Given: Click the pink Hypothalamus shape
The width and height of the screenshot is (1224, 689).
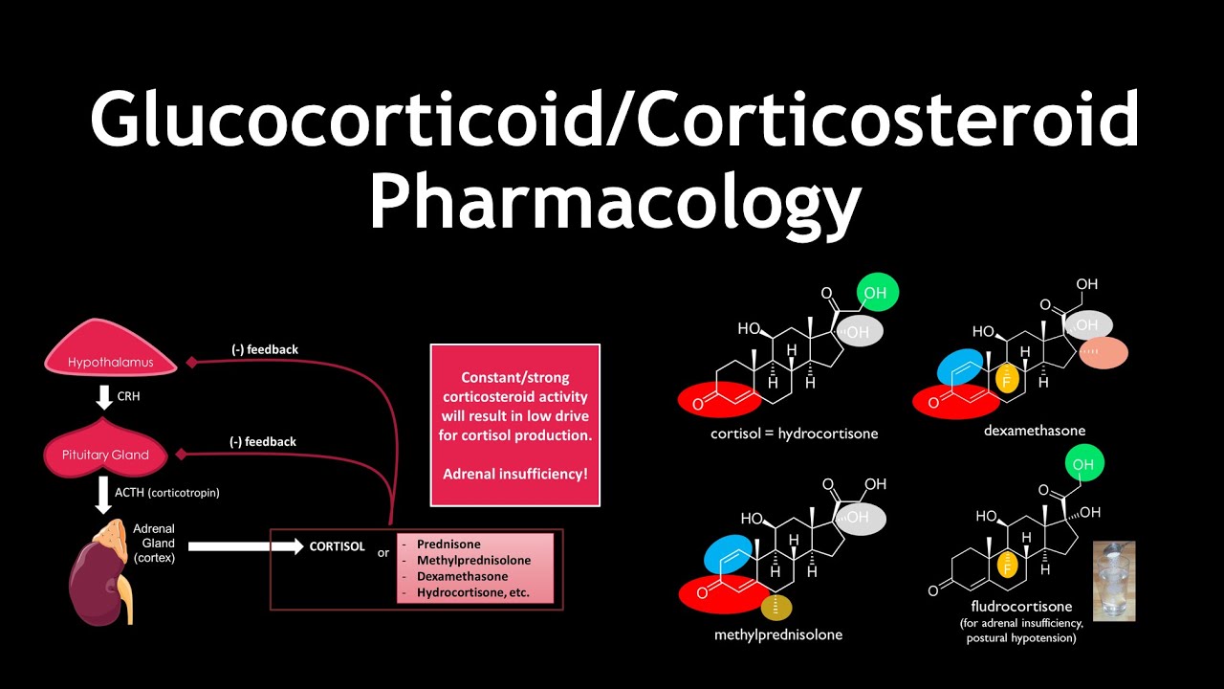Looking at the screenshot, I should point(111,359).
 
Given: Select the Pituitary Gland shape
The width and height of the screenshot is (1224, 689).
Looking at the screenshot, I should point(105,454).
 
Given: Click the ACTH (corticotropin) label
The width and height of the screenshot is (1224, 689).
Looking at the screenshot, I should point(167,493).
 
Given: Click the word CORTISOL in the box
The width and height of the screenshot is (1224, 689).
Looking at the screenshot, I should point(337,546).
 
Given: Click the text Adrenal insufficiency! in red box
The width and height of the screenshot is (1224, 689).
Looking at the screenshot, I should point(515,474).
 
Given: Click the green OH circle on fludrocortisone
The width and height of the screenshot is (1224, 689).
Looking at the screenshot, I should point(1082,464).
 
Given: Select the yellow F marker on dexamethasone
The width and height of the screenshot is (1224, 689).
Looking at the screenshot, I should point(1005,379).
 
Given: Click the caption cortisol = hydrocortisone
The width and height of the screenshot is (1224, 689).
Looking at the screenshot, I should point(794,433).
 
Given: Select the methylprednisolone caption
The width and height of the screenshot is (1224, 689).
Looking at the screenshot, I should point(778,634).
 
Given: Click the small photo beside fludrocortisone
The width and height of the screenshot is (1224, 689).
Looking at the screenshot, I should point(1114,582).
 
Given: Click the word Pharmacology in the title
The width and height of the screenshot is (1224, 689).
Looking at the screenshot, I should point(614,203).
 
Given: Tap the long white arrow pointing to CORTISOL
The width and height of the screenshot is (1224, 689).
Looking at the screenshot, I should point(245,546).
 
